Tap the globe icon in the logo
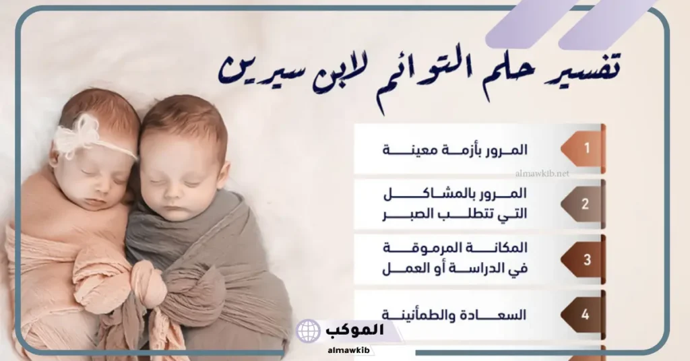309,331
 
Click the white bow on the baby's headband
75,135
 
